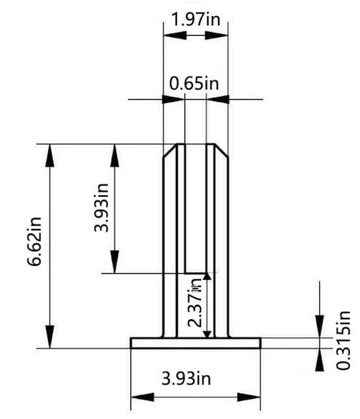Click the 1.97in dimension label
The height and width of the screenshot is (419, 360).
(x=195, y=20)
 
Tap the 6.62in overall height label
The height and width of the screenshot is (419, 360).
(x=36, y=246)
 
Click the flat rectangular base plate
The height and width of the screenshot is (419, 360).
(x=195, y=343)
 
